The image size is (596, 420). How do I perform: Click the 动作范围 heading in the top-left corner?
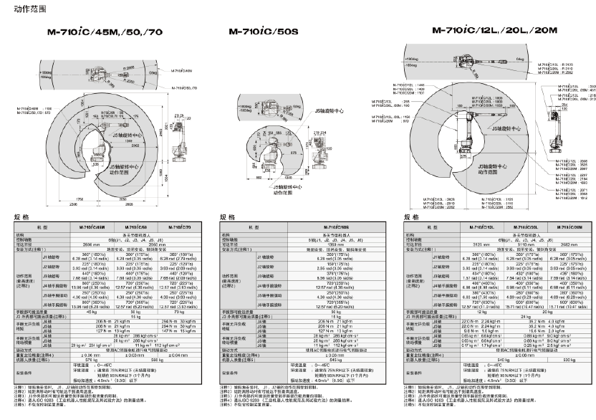click(x=18, y=8)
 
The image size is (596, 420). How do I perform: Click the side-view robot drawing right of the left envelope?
click(x=178, y=140)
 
